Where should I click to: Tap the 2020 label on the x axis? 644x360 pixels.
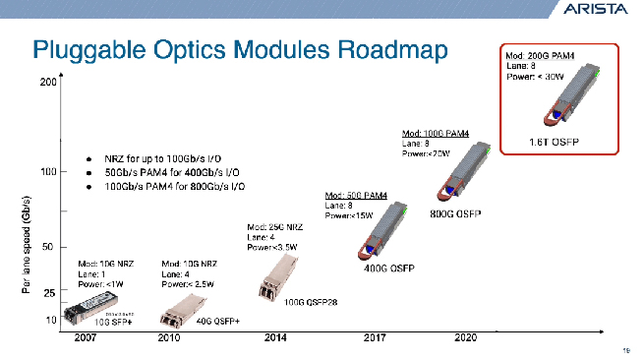(465, 338)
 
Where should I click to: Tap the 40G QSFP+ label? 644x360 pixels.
(218, 321)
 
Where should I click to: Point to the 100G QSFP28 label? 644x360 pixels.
(311, 302)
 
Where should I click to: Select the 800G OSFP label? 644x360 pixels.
(455, 214)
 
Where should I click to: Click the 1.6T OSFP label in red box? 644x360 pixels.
(556, 142)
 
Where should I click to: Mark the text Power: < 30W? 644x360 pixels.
(535, 77)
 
